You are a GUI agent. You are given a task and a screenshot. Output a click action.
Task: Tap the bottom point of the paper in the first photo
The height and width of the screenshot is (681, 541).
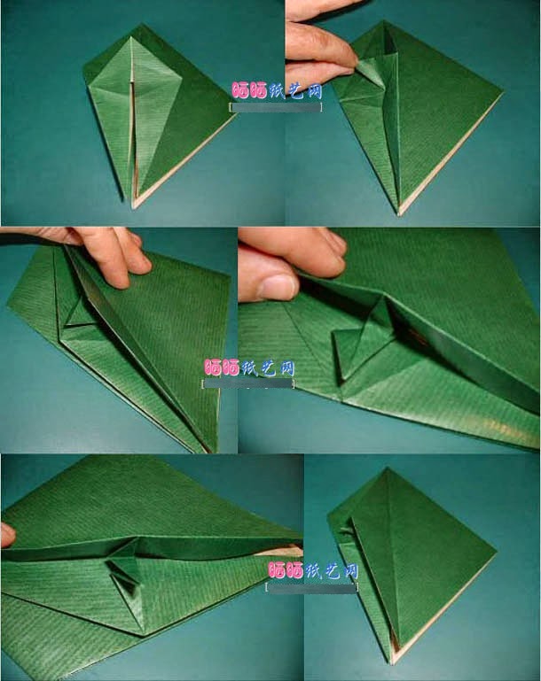[x=133, y=206]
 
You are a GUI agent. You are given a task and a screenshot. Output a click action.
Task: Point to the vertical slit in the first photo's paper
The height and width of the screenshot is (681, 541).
[x=132, y=133]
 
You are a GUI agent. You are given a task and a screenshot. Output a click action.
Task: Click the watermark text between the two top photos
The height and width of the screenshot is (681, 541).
[x=276, y=91]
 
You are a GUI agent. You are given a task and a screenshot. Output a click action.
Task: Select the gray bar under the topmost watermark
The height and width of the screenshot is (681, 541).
[x=276, y=107]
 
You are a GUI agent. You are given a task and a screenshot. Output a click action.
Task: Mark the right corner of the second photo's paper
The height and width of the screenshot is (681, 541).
[x=501, y=90]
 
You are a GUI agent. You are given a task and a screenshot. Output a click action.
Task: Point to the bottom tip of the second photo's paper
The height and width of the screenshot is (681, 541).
[x=398, y=213]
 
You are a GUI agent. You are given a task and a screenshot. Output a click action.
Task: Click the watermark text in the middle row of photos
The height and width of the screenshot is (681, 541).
[x=249, y=367]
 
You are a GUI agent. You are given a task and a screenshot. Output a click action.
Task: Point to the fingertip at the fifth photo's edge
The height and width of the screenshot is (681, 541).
[x=7, y=534]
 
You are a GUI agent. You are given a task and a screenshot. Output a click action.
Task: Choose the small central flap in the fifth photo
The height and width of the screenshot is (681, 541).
[x=124, y=571]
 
